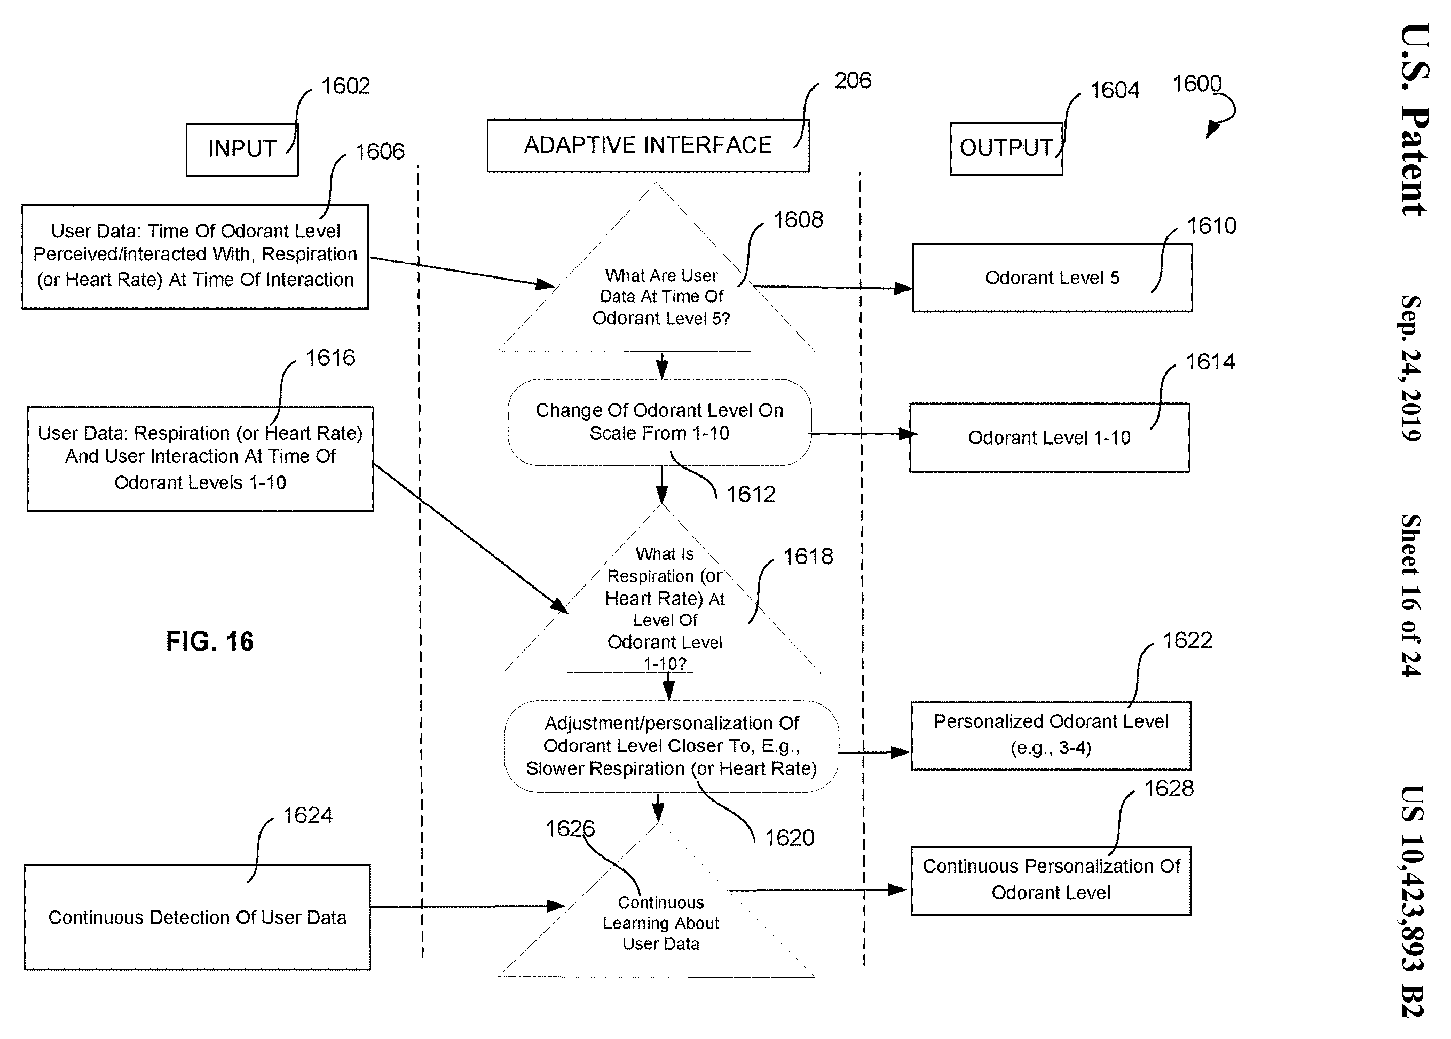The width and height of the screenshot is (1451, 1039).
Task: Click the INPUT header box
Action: pos(242,149)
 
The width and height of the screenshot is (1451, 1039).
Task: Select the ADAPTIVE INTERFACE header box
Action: pos(648,146)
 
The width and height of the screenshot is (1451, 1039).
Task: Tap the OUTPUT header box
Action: pos(1006,148)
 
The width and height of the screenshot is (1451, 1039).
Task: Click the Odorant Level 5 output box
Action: pos(1052,277)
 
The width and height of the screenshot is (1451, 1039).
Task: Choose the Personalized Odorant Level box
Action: pos(1051,735)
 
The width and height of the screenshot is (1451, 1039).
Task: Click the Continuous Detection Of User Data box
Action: pos(197,917)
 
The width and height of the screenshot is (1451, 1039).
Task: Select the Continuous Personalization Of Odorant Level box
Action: pos(1051,881)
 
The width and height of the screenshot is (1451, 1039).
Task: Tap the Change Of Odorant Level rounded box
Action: pos(660,422)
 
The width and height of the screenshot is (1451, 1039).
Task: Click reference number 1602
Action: pos(345,86)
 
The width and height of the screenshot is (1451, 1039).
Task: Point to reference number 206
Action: pos(853,81)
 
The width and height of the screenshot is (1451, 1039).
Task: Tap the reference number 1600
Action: pos(1196,84)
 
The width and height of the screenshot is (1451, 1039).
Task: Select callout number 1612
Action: pos(751,494)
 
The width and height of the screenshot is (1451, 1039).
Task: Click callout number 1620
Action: pos(790,838)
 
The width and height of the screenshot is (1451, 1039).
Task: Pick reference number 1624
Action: pos(307,815)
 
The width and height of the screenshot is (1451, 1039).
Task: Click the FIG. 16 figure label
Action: pos(210,641)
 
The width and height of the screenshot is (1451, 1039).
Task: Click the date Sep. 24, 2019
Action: pos(1411,369)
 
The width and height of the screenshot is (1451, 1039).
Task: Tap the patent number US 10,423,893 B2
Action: pos(1413,900)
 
